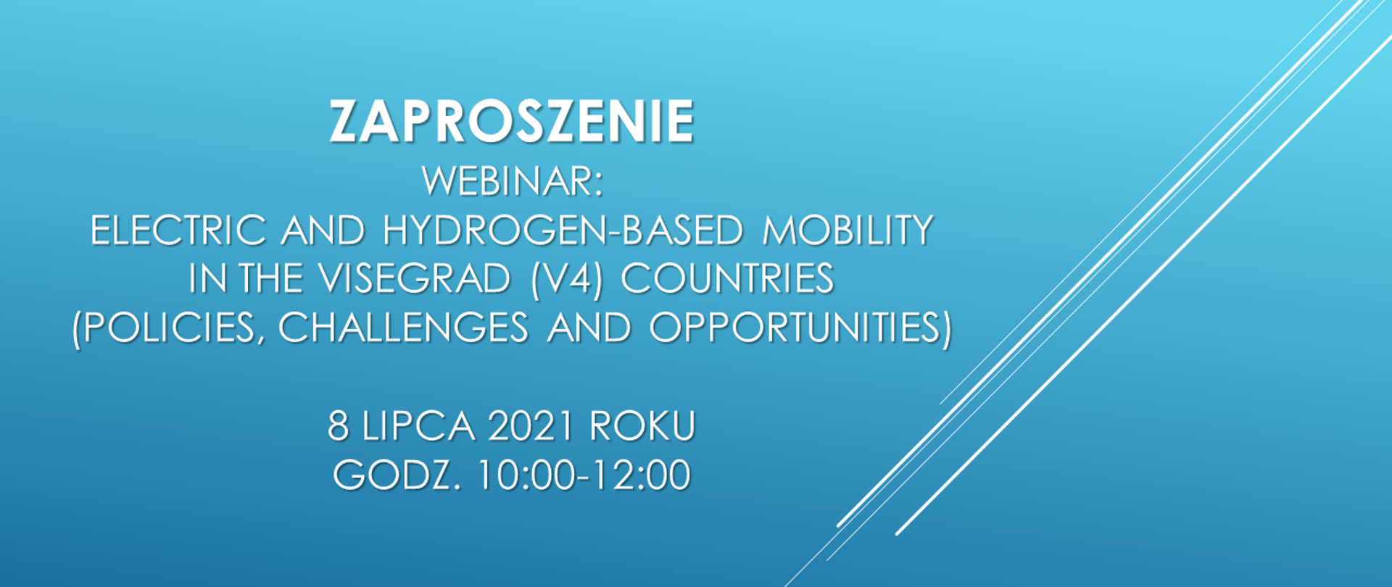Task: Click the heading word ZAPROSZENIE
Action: (x=513, y=122)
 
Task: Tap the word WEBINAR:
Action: (x=513, y=181)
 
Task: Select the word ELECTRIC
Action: (x=178, y=230)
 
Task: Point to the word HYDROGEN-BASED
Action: (x=563, y=230)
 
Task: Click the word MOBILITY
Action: (x=848, y=230)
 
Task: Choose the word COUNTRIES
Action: (x=728, y=279)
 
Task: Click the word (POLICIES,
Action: (x=167, y=328)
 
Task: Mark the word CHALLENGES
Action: (x=403, y=328)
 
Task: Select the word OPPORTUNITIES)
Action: (x=800, y=328)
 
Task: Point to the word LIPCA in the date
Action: (x=418, y=426)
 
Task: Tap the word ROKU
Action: (x=642, y=426)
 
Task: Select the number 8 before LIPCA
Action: (x=338, y=426)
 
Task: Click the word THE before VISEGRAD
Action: (x=270, y=279)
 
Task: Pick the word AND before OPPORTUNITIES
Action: (x=589, y=328)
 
